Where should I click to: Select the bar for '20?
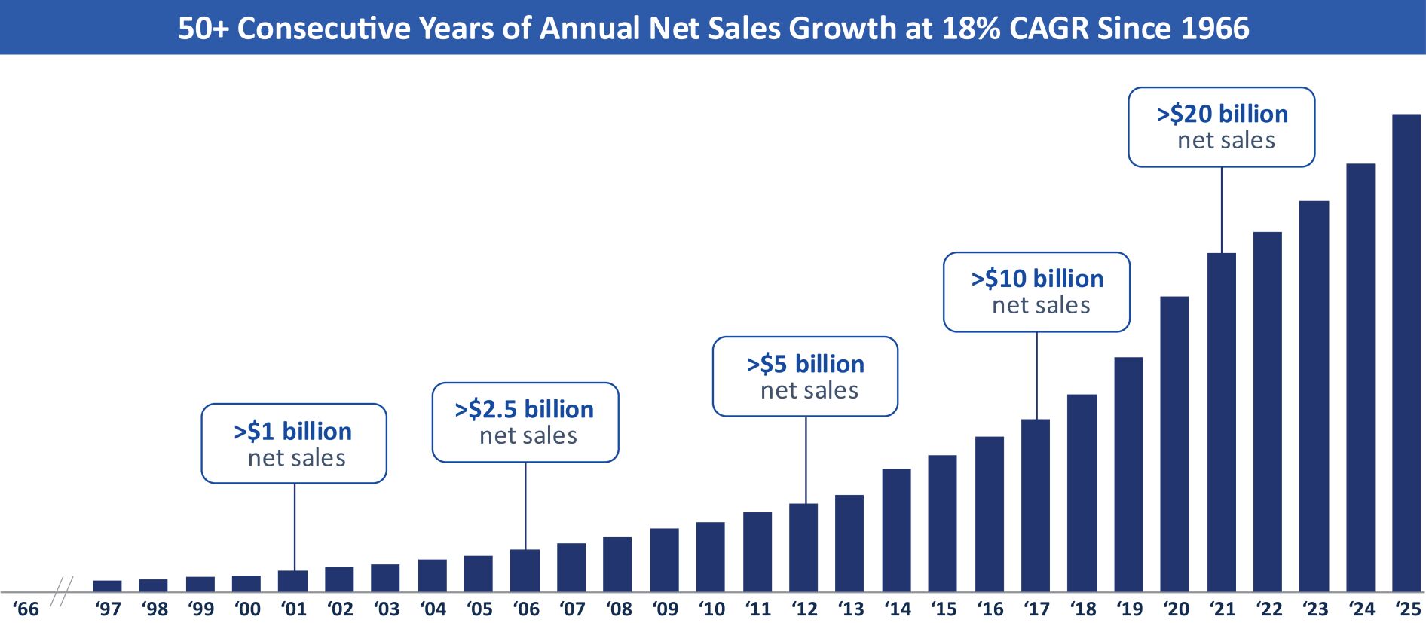pos(1174,444)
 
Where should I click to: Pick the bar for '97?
pos(107,585)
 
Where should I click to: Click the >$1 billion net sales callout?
pos(294,444)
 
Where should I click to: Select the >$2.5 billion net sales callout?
pos(525,422)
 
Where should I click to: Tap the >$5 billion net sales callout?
pos(805,377)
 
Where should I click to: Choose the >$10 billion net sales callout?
pos(1036,292)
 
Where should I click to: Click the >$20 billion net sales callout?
pos(1221,127)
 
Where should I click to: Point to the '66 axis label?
pos(26,609)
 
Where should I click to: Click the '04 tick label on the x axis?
pos(433,609)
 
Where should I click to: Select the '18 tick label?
pos(1083,609)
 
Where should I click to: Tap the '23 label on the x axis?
pos(1315,609)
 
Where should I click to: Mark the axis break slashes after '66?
pos(62,591)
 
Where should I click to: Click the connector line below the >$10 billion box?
pos(1036,375)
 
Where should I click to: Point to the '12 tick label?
pos(804,609)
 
